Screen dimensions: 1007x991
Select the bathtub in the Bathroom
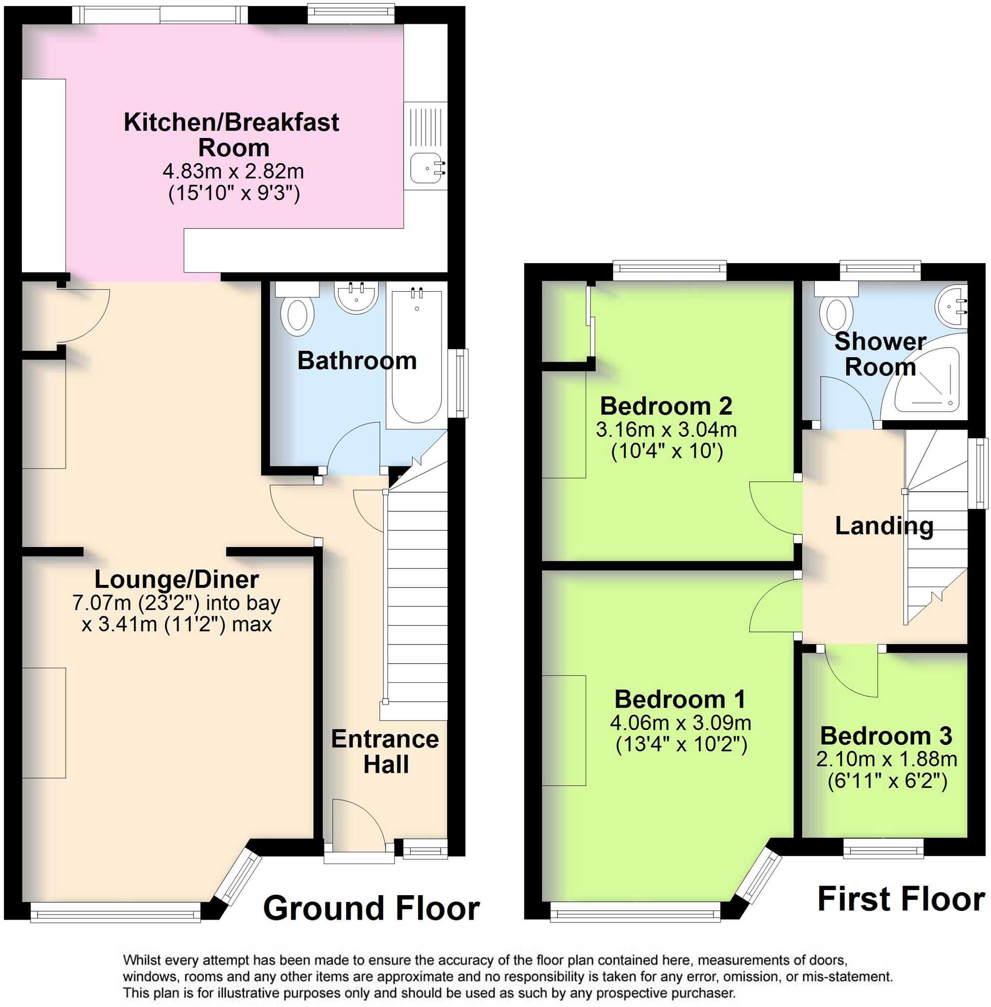point(417,359)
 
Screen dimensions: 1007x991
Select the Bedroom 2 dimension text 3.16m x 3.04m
point(666,430)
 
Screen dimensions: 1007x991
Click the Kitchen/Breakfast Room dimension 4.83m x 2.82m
point(233,171)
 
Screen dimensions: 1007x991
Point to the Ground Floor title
point(371,908)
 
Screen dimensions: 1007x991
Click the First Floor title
point(902,899)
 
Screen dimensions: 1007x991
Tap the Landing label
point(884,525)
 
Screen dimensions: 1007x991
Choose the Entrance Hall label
point(385,751)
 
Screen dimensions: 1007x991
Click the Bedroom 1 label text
point(680,699)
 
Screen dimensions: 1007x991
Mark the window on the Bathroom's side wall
point(459,384)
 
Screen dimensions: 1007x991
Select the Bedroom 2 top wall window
point(669,269)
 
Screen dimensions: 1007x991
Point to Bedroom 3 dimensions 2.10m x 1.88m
point(887,759)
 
